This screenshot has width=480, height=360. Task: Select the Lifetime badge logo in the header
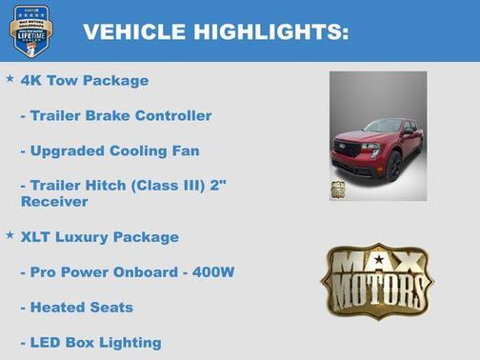coord(31,30)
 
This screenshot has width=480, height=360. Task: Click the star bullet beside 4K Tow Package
coord(10,79)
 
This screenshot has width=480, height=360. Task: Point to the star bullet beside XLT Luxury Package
coord(10,234)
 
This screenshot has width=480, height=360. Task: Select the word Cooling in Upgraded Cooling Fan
coord(147,151)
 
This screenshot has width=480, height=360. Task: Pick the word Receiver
coord(53,202)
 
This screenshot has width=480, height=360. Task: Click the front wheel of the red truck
coord(393,167)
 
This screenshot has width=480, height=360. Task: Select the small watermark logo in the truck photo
coord(338,189)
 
